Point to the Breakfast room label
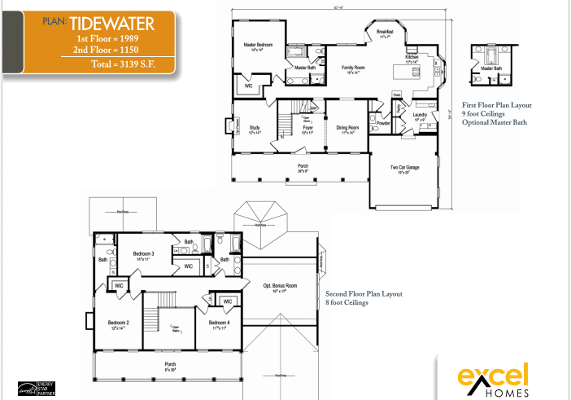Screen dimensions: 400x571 [386, 32]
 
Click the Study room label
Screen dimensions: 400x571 [254, 128]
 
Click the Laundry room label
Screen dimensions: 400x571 [420, 115]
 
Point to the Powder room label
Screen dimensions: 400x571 [383, 124]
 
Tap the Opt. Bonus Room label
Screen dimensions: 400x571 [279, 285]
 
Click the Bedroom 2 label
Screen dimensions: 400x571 [119, 323]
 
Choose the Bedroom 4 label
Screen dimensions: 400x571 [218, 323]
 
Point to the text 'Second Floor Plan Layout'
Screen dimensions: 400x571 [364, 293]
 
